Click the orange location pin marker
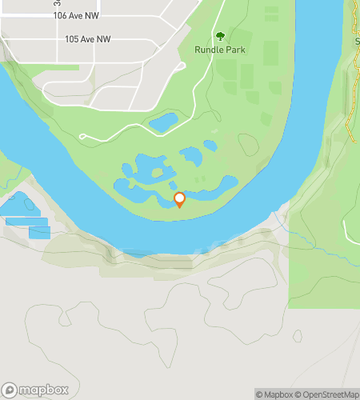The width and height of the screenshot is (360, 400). click(x=179, y=200)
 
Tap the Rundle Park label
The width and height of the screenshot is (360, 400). click(x=219, y=50)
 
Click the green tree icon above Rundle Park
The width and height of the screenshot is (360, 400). click(x=220, y=35)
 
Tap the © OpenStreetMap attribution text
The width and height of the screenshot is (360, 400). click(x=328, y=394)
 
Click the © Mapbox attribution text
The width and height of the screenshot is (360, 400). click(x=274, y=394)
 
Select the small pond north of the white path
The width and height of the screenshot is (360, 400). click(x=164, y=122)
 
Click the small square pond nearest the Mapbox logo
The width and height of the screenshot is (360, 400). click(x=39, y=232)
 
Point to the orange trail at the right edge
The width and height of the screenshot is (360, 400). click(x=350, y=112)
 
